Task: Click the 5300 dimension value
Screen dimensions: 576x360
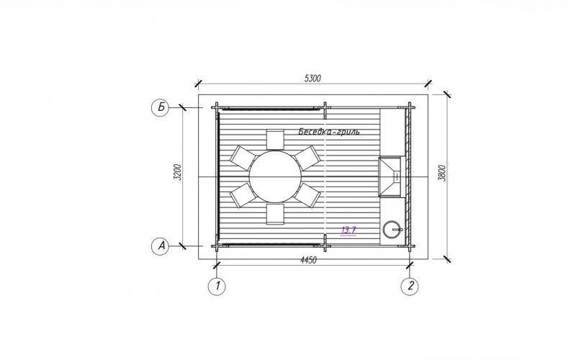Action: point(312,78)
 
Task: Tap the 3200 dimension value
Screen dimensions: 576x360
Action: point(178,172)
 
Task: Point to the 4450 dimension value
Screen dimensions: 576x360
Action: point(309,261)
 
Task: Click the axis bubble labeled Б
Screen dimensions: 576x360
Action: point(161,107)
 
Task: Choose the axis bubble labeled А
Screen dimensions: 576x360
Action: point(161,246)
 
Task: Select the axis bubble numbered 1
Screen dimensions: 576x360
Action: point(217,286)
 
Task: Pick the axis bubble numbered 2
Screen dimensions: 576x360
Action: point(410,286)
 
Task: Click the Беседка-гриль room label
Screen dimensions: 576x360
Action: point(329,132)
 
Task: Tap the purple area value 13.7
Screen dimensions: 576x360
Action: point(348,230)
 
